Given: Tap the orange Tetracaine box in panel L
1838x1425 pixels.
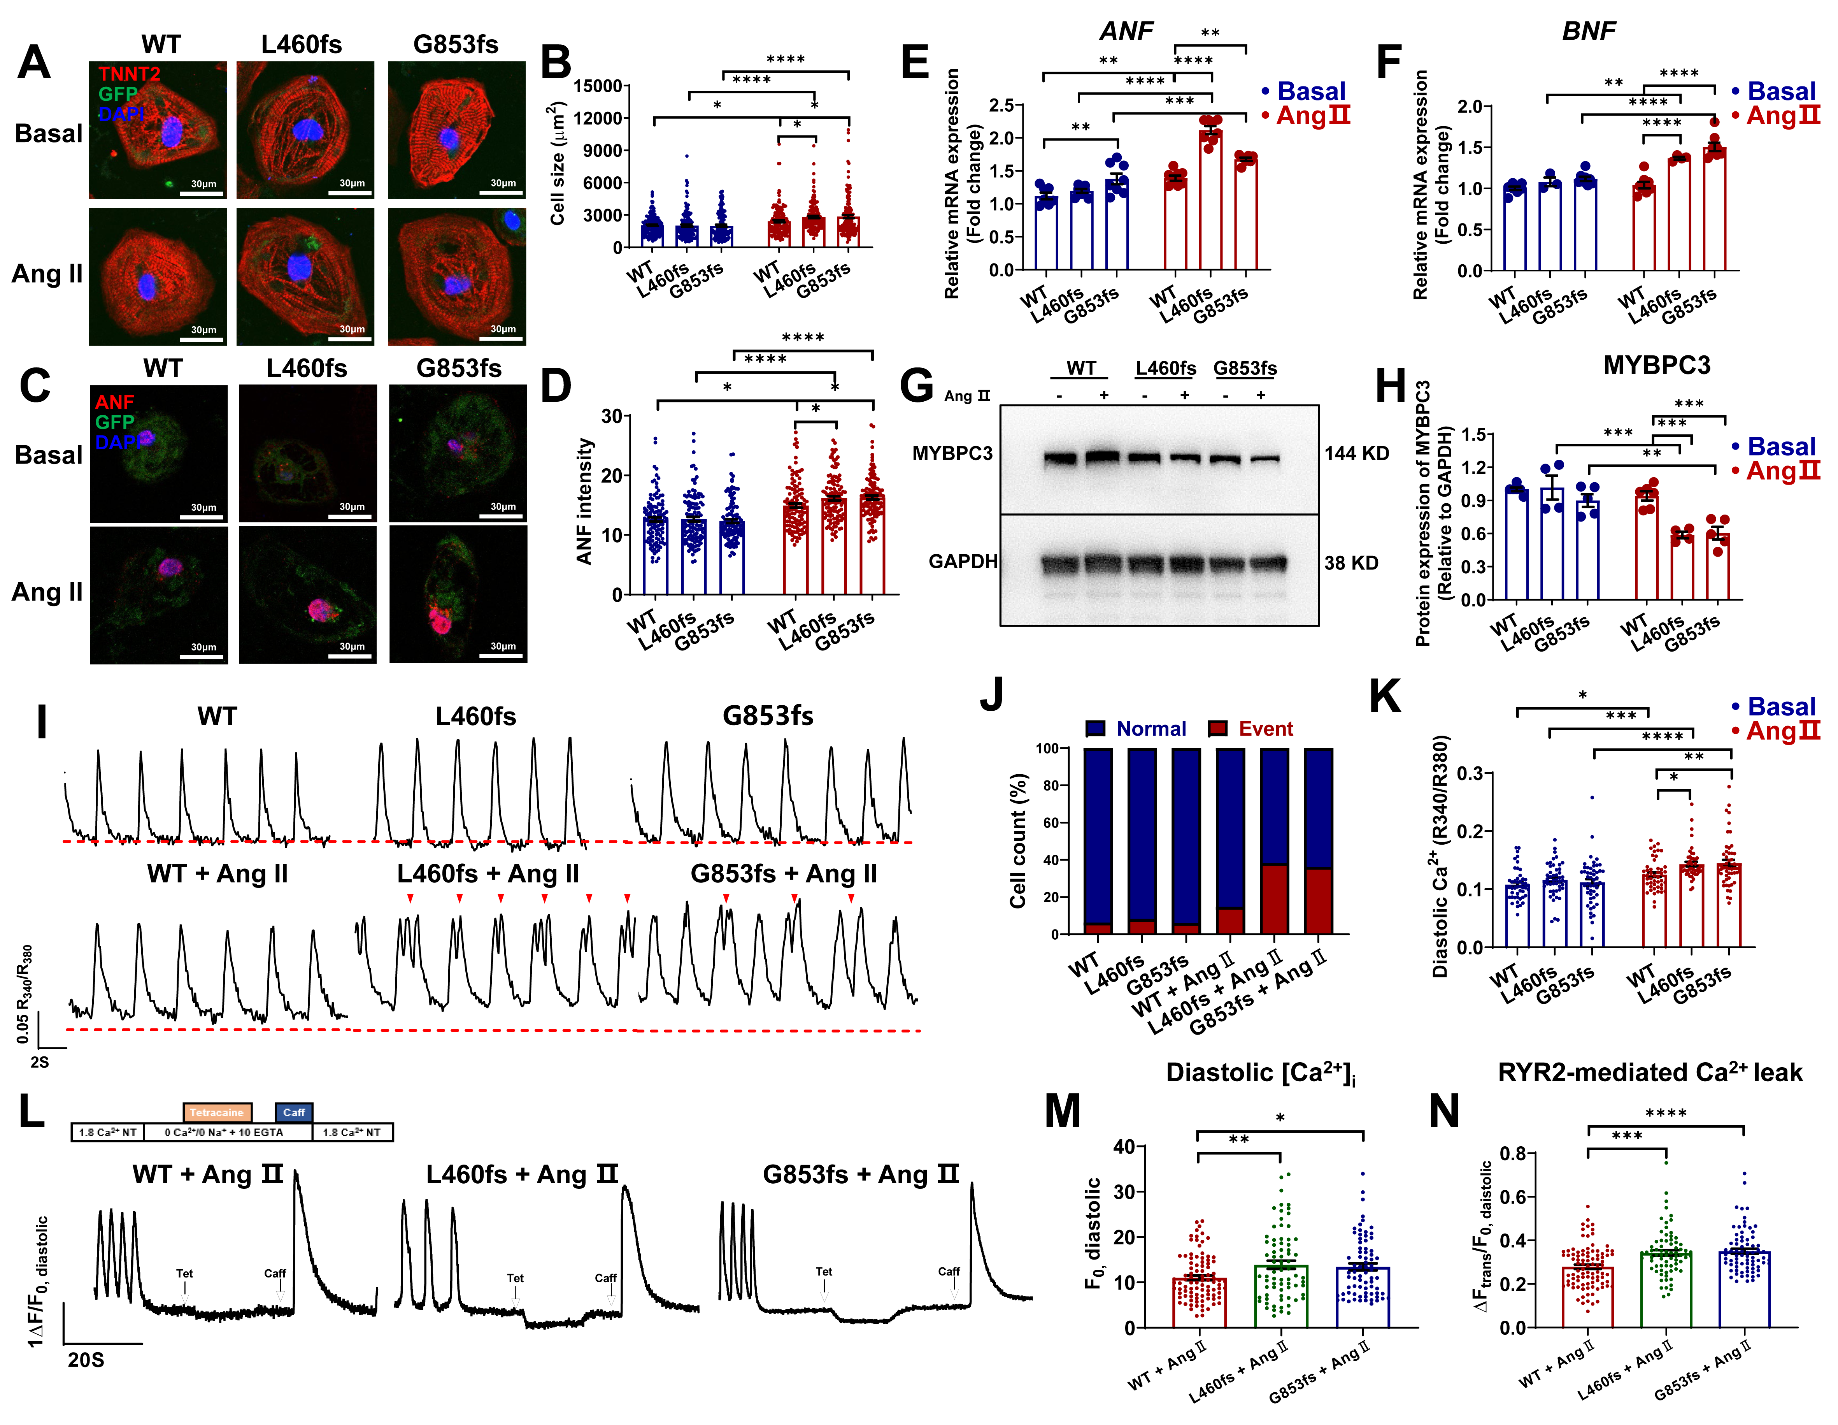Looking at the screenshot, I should [217, 1112].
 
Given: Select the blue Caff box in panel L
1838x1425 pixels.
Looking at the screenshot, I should [294, 1112].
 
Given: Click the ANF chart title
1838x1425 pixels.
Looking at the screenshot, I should [1126, 31].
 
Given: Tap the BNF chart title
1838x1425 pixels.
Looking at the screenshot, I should [1588, 31].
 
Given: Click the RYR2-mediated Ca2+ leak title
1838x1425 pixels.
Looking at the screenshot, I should [1649, 1072].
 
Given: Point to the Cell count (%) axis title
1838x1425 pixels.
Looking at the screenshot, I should [1018, 840].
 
